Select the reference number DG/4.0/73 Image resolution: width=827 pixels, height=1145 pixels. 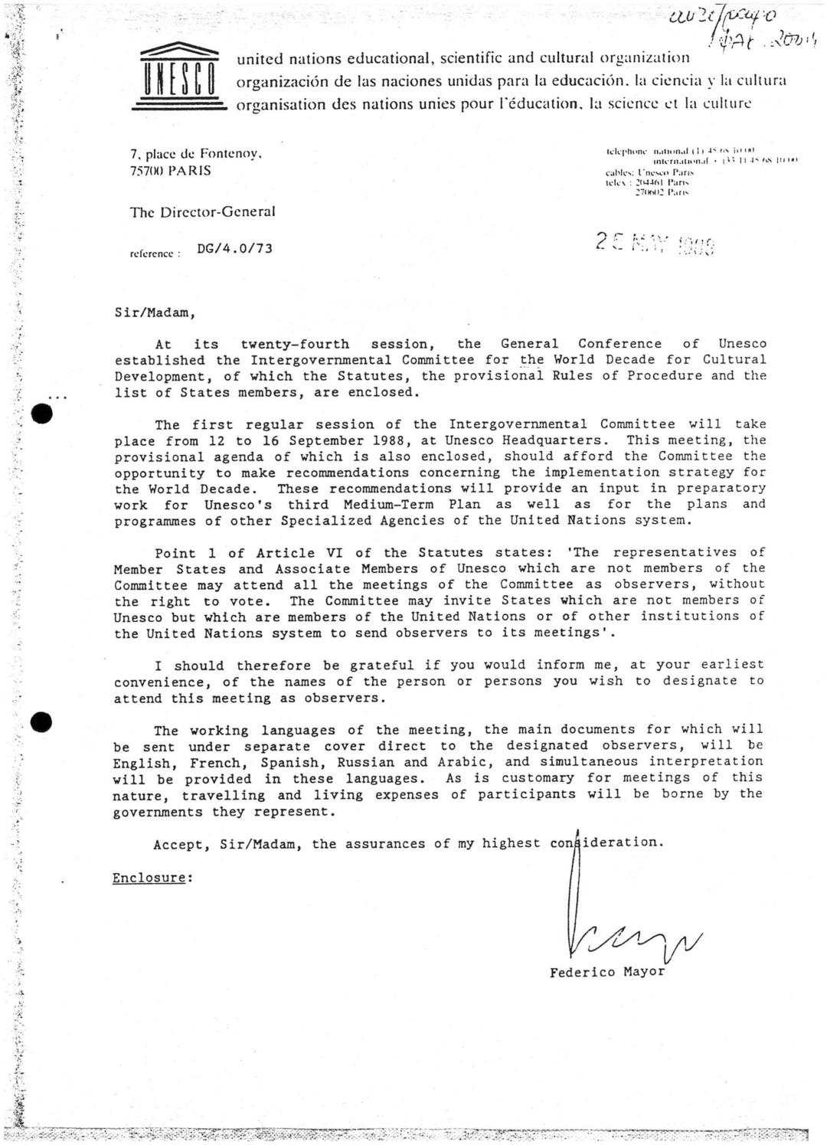(x=234, y=248)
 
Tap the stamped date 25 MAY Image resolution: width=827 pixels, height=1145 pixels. (x=655, y=244)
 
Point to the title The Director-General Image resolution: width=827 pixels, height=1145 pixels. (x=202, y=212)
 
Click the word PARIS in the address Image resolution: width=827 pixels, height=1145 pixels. (x=190, y=171)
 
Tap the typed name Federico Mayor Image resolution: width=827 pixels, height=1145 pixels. (x=607, y=972)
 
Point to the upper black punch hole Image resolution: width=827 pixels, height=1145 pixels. (x=43, y=414)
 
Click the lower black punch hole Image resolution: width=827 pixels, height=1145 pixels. (x=43, y=721)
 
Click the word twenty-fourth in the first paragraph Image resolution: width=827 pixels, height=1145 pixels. (x=295, y=344)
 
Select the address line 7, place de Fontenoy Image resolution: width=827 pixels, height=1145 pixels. (x=197, y=154)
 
